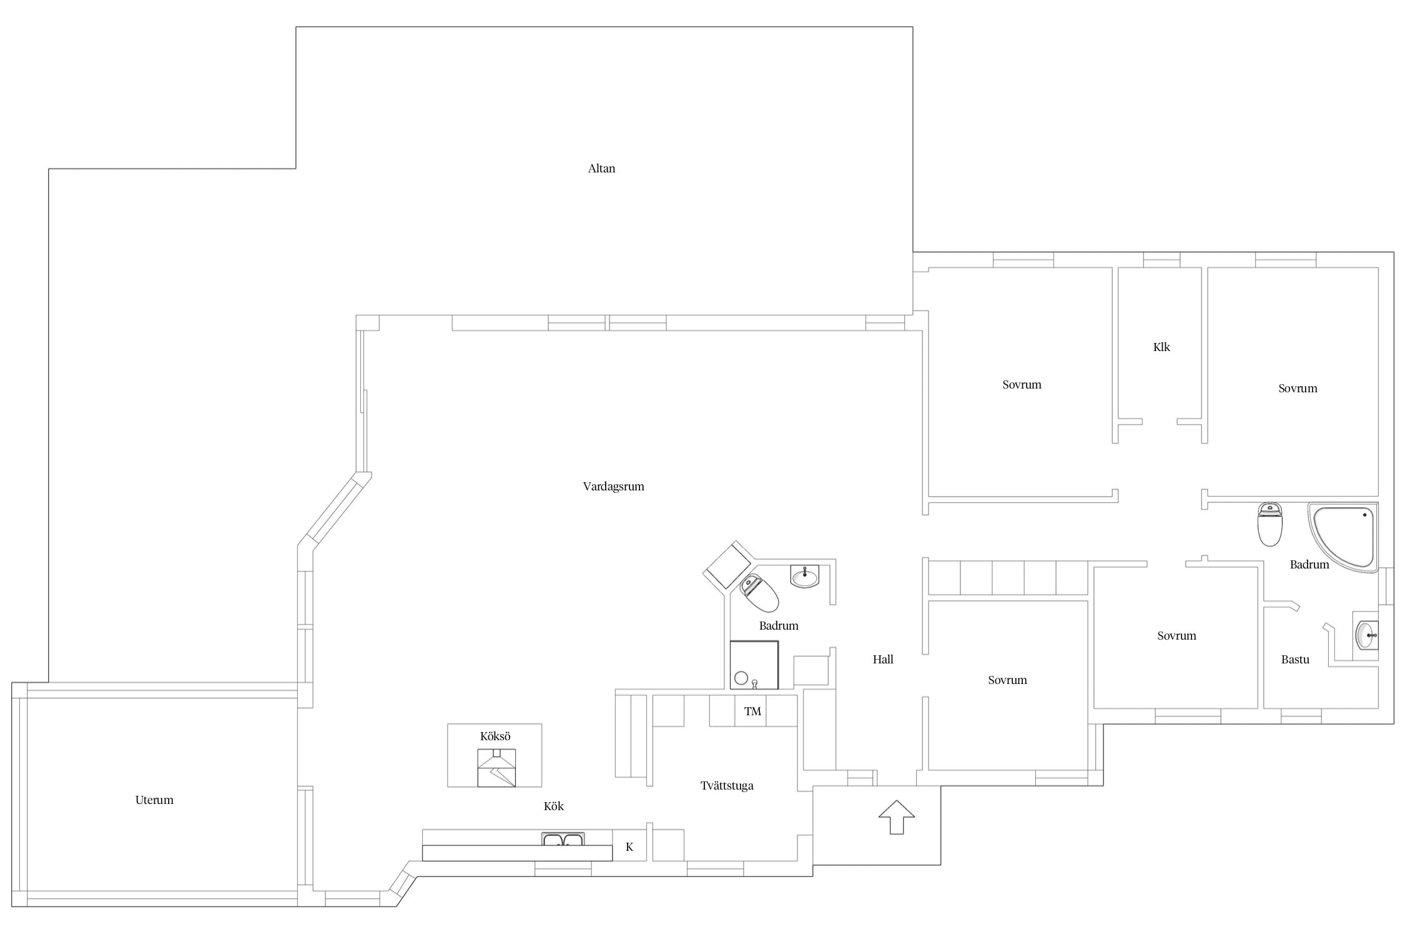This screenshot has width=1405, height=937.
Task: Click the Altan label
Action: [601, 168]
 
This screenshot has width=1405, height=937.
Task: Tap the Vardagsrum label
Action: [613, 487]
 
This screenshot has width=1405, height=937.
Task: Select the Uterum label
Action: [154, 800]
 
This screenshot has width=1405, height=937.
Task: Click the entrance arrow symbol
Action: [897, 816]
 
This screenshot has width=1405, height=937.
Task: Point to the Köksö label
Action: [495, 736]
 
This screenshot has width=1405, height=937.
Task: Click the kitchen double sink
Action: [563, 839]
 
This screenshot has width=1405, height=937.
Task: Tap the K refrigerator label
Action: [629, 847]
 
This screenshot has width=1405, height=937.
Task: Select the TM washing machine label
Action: [752, 711]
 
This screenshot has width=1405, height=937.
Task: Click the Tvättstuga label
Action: [727, 786]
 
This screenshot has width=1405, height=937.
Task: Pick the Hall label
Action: [883, 659]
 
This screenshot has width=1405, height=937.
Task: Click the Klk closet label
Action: [1161, 347]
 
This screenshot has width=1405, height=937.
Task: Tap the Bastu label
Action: [1295, 659]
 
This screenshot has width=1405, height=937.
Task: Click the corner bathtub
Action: [1343, 537]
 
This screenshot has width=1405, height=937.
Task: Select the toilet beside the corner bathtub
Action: [1269, 523]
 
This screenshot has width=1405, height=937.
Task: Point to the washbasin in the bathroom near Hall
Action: [805, 576]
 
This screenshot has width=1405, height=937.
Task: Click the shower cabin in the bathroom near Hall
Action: [754, 665]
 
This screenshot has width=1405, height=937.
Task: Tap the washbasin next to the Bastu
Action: [1367, 635]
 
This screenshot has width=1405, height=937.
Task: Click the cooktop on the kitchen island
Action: [496, 768]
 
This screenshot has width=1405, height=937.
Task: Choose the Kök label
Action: [554, 806]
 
